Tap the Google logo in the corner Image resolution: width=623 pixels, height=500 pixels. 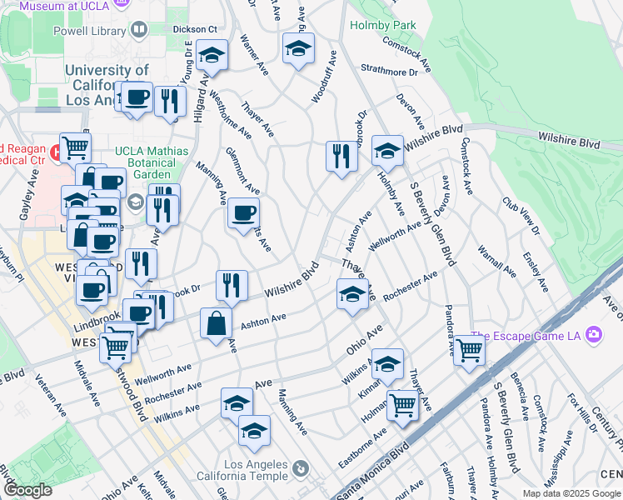click(x=27, y=491)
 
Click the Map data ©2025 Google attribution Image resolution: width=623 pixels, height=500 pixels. click(x=571, y=493)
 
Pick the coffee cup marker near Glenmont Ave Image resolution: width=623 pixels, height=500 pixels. click(x=243, y=213)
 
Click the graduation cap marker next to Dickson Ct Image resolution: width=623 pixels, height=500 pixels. click(x=212, y=56)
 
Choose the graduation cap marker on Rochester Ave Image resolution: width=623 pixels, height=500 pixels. click(x=352, y=294)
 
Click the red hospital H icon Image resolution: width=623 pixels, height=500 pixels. click(x=56, y=152)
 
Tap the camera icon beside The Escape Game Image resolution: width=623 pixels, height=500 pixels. click(x=593, y=335)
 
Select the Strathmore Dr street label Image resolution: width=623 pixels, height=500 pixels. click(x=389, y=72)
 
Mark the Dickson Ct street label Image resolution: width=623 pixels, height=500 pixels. click(x=194, y=28)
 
